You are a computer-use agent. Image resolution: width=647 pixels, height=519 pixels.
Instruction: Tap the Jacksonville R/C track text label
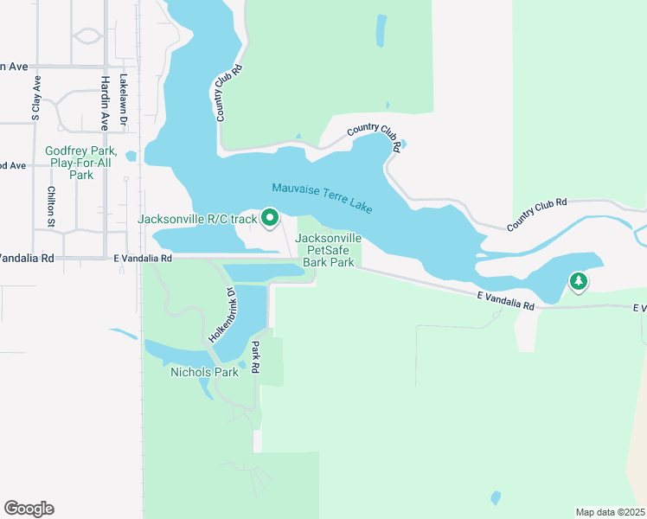(197, 219)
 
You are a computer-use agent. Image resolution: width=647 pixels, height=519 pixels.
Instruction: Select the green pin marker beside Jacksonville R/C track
(269, 218)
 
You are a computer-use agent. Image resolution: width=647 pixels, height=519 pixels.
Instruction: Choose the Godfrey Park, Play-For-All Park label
(80, 162)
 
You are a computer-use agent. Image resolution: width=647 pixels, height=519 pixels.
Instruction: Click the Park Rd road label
(256, 356)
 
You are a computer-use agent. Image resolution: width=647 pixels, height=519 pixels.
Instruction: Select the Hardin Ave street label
(104, 102)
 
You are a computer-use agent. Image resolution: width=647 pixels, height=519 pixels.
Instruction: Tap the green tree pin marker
(579, 280)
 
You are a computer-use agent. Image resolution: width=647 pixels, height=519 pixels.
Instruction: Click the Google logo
(29, 509)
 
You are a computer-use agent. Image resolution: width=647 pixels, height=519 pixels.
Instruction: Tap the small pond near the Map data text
(496, 498)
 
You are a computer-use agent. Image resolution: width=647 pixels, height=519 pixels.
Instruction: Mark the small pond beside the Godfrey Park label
(131, 157)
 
